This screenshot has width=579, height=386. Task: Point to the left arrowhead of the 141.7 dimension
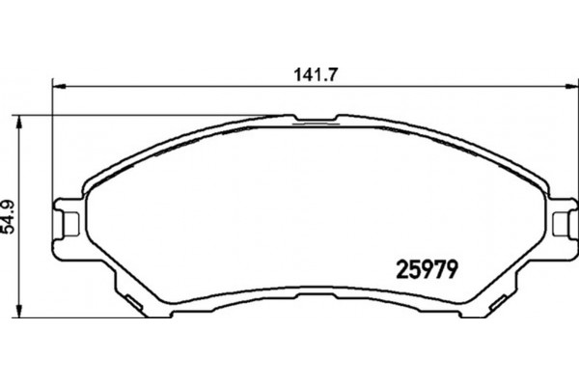tap(56, 85)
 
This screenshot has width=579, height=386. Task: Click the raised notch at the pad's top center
tap(313, 122)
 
